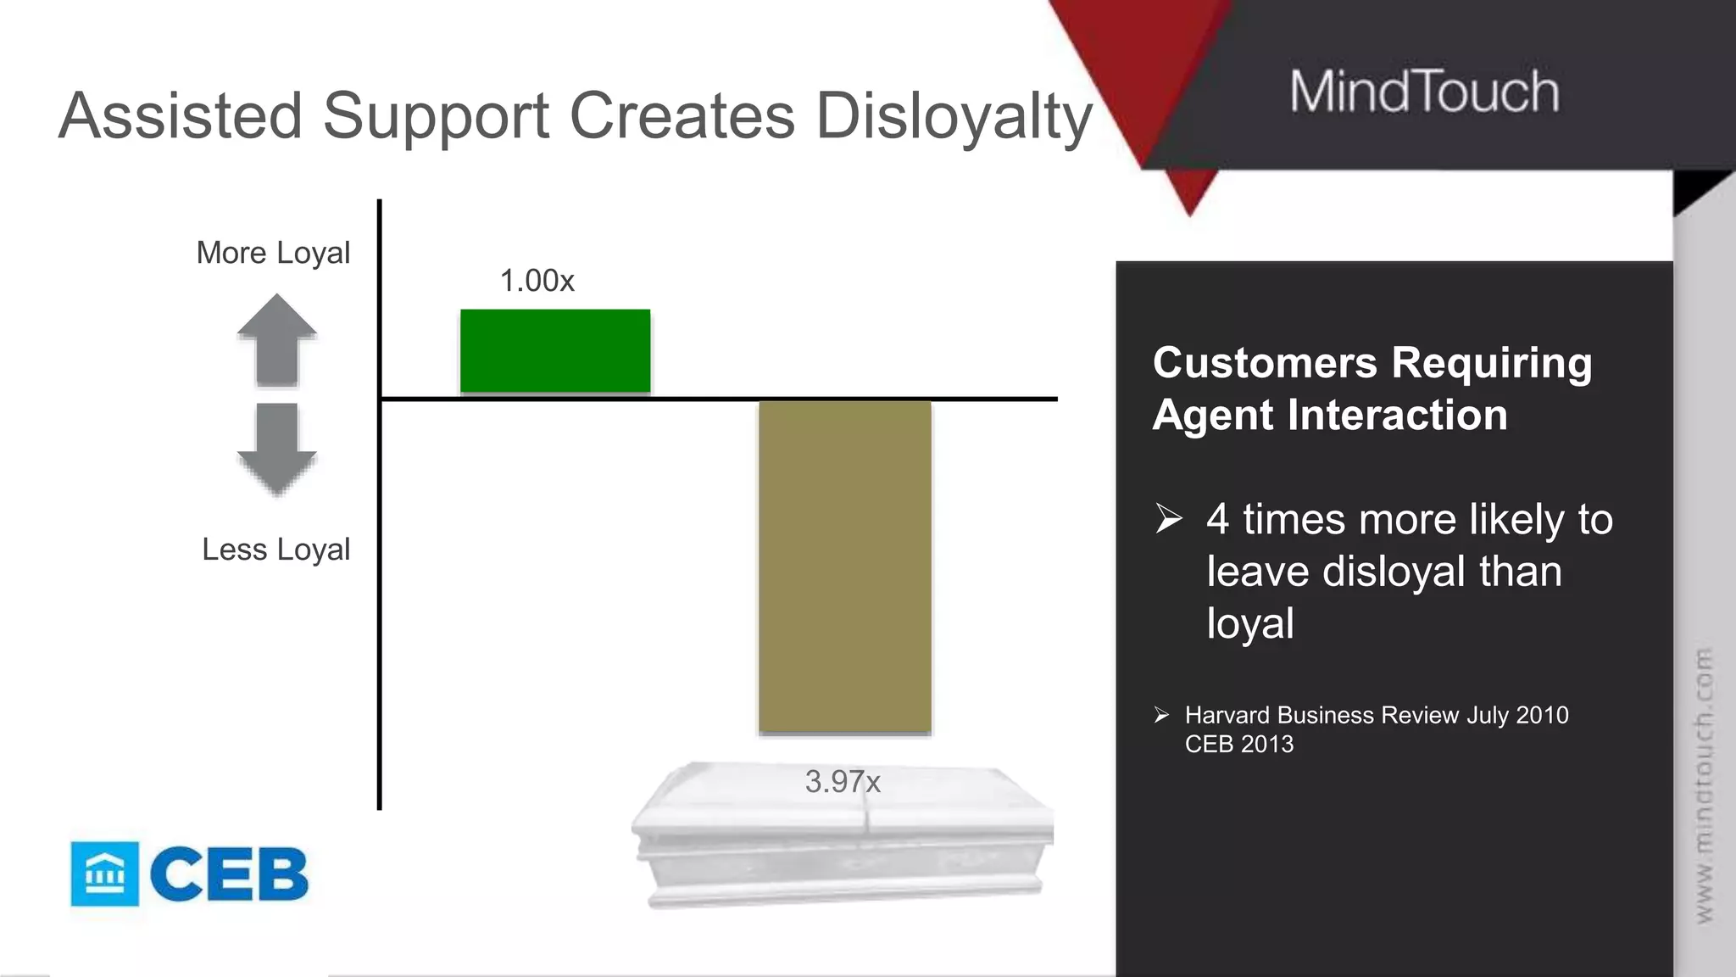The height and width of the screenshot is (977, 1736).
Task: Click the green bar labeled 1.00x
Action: pyautogui.click(x=555, y=351)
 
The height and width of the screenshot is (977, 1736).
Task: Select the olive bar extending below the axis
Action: pyautogui.click(x=844, y=567)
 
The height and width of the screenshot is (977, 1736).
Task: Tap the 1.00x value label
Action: pyautogui.click(x=537, y=281)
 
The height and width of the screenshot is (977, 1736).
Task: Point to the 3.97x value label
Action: pyautogui.click(x=843, y=781)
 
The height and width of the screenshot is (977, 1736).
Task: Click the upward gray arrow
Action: pyautogui.click(x=276, y=339)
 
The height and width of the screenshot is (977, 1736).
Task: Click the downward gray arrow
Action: pyautogui.click(x=276, y=448)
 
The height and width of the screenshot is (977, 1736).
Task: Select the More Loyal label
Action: pyautogui.click(x=273, y=253)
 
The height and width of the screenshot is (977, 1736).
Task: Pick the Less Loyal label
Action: pyautogui.click(x=275, y=550)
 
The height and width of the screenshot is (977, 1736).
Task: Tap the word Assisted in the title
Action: pyautogui.click(x=181, y=116)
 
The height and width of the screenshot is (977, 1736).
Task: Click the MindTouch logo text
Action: pyautogui.click(x=1424, y=92)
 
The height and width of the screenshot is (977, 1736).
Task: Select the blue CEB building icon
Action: pyautogui.click(x=104, y=874)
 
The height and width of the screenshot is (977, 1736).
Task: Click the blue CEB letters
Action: pyautogui.click(x=229, y=874)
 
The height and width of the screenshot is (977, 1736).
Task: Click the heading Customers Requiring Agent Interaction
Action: pyautogui.click(x=1372, y=388)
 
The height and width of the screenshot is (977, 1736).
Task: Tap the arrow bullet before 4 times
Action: pyautogui.click(x=1168, y=518)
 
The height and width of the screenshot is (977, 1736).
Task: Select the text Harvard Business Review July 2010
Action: pyautogui.click(x=1376, y=715)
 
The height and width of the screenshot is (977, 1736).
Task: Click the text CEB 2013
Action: pyautogui.click(x=1238, y=744)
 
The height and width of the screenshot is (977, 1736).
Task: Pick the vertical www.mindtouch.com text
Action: pyautogui.click(x=1704, y=784)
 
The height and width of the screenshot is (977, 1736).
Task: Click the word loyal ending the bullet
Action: pyautogui.click(x=1249, y=624)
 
